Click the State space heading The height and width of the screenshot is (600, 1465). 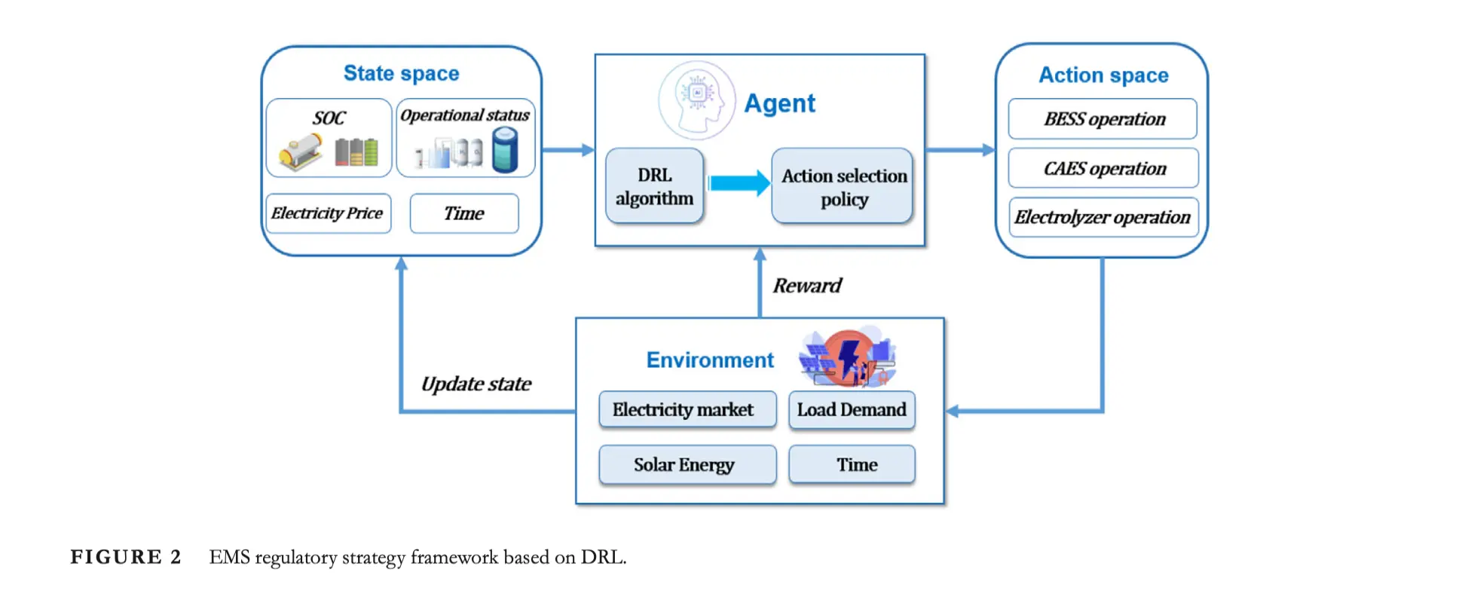click(x=401, y=73)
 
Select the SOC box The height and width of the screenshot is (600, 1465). click(x=329, y=138)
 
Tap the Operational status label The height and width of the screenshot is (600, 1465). click(x=464, y=115)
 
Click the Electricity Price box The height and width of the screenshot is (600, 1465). click(x=328, y=213)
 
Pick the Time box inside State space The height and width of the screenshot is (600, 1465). click(x=463, y=213)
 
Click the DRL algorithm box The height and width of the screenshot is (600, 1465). click(x=654, y=186)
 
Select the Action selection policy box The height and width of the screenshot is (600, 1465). click(x=843, y=186)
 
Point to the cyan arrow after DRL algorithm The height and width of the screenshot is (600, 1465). click(x=739, y=183)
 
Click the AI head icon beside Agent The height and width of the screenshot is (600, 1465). click(x=696, y=100)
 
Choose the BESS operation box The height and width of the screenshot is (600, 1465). click(x=1103, y=119)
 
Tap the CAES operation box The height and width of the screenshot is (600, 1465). click(x=1103, y=168)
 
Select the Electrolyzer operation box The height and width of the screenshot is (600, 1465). click(x=1103, y=217)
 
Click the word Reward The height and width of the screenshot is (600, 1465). click(x=806, y=286)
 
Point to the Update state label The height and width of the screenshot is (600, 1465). click(x=476, y=384)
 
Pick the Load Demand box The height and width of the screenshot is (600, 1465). click(x=852, y=409)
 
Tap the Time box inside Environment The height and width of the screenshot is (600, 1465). click(x=852, y=464)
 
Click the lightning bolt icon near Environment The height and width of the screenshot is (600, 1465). click(x=849, y=356)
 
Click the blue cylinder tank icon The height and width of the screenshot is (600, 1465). click(x=505, y=149)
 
